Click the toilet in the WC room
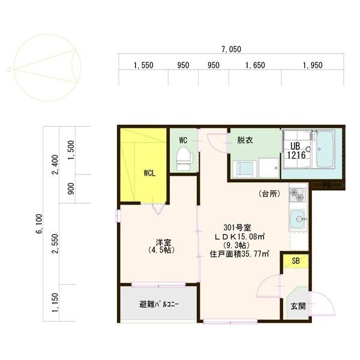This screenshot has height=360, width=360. click(x=184, y=158)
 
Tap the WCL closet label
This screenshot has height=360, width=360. click(x=149, y=173)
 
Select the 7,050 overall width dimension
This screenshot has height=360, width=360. click(x=232, y=49)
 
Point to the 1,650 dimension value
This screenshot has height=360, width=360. click(x=255, y=65)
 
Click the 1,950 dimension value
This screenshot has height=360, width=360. click(x=313, y=65)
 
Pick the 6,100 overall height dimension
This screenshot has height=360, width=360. click(x=39, y=224)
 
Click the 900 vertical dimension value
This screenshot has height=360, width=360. click(x=71, y=188)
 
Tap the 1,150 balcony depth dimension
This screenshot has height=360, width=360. click(x=56, y=302)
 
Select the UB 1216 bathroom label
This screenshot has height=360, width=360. click(x=296, y=151)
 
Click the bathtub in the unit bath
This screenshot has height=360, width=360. click(x=325, y=149)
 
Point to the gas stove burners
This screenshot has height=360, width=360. click(x=298, y=194)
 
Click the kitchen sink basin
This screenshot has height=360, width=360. click(x=298, y=219)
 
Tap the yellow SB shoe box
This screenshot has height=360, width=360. click(x=296, y=261)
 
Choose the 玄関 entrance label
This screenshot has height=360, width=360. click(x=298, y=306)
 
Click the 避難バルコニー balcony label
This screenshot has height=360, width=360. click(x=159, y=305)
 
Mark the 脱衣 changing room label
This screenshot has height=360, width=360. click(x=245, y=140)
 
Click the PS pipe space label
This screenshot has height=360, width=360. click(x=327, y=185)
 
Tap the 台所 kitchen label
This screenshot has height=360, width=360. click(x=270, y=194)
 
